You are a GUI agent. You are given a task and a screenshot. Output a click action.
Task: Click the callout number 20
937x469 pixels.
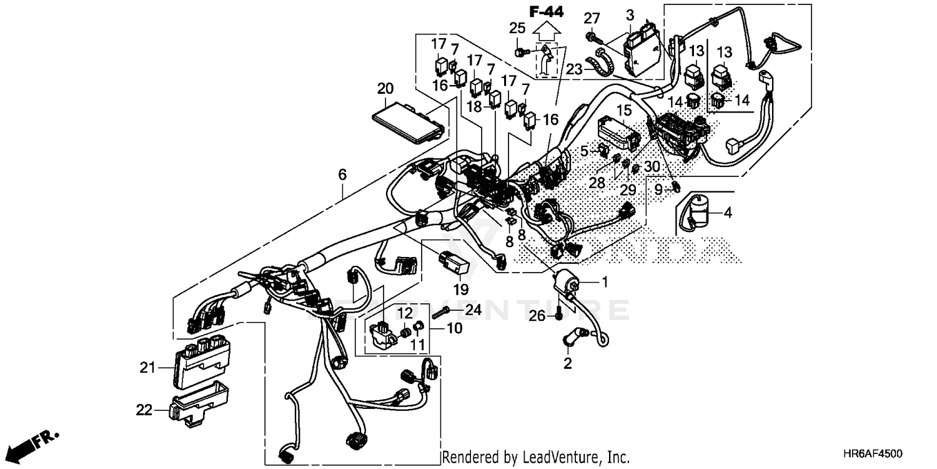coord(386,88)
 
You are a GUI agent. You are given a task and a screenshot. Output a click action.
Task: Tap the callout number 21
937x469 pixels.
coord(147,368)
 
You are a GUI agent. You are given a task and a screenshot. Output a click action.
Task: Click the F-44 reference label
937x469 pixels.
coord(546,11)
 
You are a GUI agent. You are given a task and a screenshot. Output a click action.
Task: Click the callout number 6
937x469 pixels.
coord(342,176)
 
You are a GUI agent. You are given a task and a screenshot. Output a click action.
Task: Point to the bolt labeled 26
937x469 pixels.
coord(557,317)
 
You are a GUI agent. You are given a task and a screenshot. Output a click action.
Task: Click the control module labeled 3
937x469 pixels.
coord(645,50)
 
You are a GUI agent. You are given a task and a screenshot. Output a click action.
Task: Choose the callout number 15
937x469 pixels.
coord(624,111)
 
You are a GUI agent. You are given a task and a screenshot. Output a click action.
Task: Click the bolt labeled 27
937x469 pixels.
coord(591,38)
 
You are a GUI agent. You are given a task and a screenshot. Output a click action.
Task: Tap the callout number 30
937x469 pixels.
coord(651,166)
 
